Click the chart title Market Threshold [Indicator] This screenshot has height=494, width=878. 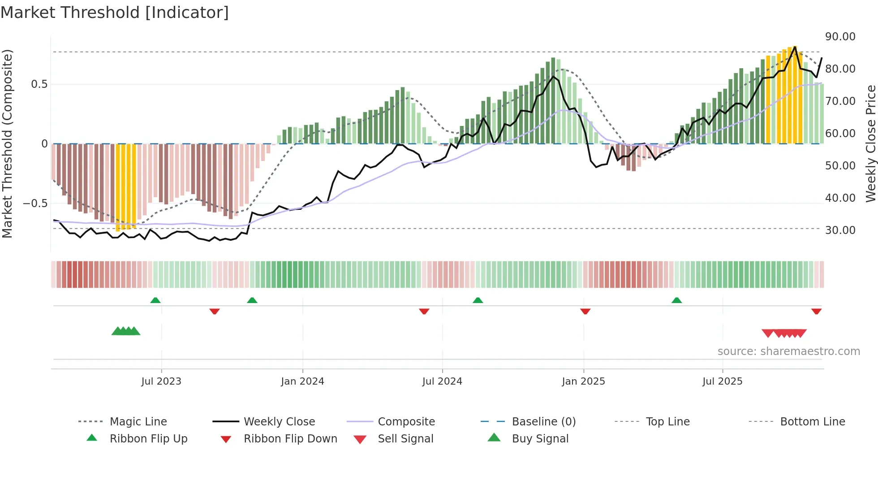coord(115,13)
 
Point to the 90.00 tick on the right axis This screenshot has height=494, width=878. coord(840,37)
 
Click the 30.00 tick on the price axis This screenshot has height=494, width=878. coord(840,230)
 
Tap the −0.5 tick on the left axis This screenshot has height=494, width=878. coord(35,203)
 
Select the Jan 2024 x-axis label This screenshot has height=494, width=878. coord(302,381)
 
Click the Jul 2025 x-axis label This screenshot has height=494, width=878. coord(722,381)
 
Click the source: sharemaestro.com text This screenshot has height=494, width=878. coord(788,351)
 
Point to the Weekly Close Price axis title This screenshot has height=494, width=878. coord(870,143)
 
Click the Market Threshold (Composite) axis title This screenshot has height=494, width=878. coord(7,143)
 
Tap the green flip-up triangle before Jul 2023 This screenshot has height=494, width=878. coord(155,300)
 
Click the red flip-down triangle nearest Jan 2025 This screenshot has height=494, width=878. coord(585,311)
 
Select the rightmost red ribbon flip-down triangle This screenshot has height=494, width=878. coord(816,311)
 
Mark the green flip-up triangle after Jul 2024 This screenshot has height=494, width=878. coord(478,300)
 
